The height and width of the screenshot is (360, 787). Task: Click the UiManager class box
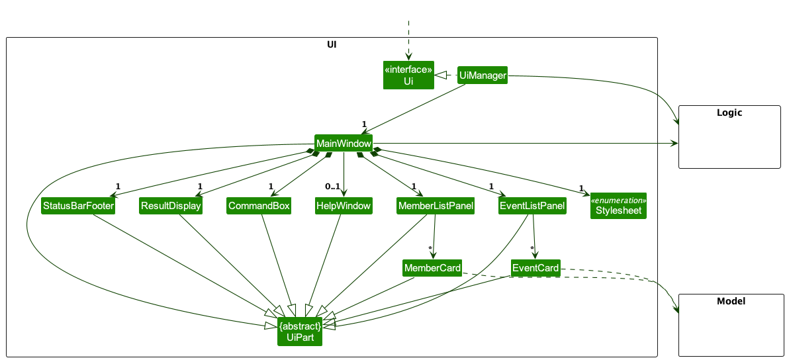click(x=483, y=76)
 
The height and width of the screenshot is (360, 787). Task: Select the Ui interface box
click(x=408, y=75)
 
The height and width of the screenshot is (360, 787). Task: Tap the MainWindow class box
click(x=343, y=144)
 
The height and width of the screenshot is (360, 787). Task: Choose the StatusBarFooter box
click(x=78, y=206)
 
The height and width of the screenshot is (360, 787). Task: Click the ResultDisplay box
click(x=170, y=206)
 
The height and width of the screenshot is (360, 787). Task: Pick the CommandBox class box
click(x=259, y=206)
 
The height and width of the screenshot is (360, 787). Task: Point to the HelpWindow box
click(x=343, y=206)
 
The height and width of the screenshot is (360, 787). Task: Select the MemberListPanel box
click(x=436, y=206)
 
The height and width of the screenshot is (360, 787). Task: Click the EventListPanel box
click(x=532, y=206)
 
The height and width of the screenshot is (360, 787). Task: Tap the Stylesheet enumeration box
click(x=618, y=206)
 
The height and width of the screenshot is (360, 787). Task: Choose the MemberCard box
click(x=432, y=268)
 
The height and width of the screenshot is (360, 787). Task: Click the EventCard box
click(x=535, y=268)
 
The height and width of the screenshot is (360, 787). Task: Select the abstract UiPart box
click(x=300, y=332)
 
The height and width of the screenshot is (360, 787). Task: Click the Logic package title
click(x=729, y=112)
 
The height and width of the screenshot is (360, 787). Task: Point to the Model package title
click(x=731, y=301)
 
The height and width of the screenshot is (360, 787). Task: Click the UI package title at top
click(x=332, y=45)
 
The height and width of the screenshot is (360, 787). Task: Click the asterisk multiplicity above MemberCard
click(x=430, y=249)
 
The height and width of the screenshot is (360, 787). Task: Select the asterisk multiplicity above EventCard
click(x=532, y=249)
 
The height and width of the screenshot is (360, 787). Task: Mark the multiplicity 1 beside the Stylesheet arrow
click(x=581, y=188)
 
